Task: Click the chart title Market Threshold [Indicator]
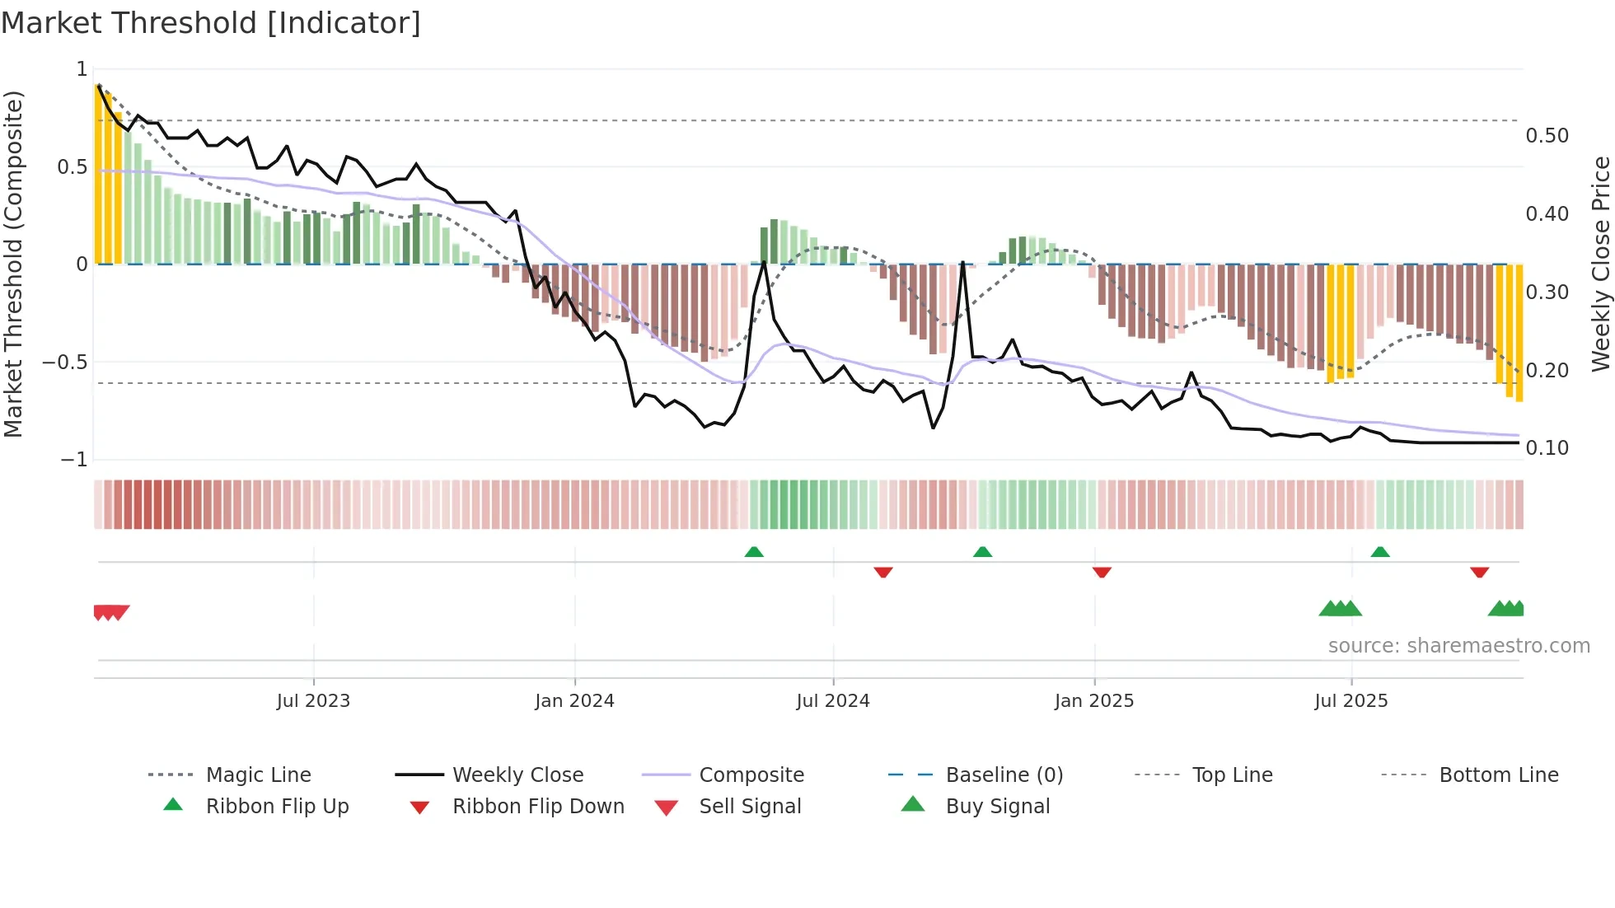tap(211, 23)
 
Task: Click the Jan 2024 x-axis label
tap(574, 701)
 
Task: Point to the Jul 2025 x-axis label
tap(1351, 701)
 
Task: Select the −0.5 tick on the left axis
tap(65, 363)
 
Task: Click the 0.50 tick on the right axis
tap(1547, 136)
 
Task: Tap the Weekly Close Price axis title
tap(1600, 264)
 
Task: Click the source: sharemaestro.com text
tap(1458, 646)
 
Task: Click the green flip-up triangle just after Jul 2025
tap(1380, 552)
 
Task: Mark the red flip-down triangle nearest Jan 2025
tap(1102, 572)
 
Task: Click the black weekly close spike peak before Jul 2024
tap(764, 262)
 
